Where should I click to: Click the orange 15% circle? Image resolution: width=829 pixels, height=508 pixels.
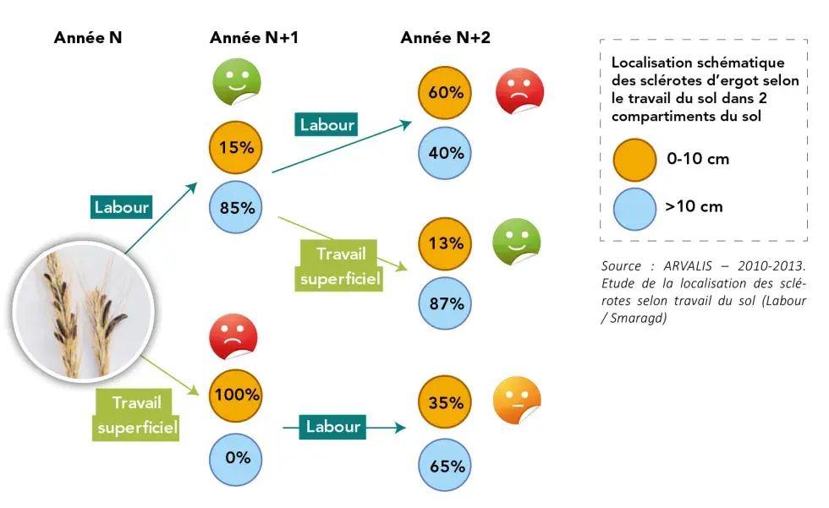pyautogui.click(x=236, y=147)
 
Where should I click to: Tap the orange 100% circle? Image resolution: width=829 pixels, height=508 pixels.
pyautogui.click(x=236, y=394)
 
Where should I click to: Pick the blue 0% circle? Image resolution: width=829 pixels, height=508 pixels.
pyautogui.click(x=236, y=457)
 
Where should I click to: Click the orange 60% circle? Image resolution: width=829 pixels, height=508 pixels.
pyautogui.click(x=446, y=92)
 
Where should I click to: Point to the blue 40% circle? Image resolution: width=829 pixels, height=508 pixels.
pyautogui.click(x=446, y=153)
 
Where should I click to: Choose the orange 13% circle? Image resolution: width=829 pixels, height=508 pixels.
pyautogui.click(x=446, y=243)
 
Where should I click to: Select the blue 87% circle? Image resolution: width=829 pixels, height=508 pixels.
pyautogui.click(x=446, y=303)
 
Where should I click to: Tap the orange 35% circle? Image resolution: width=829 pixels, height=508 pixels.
pyautogui.click(x=446, y=402)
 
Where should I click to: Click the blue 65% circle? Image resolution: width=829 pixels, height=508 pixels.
pyautogui.click(x=446, y=465)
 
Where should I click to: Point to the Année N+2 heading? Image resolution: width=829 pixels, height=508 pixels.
pyautogui.click(x=445, y=38)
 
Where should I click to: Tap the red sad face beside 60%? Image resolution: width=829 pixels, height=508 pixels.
pyautogui.click(x=519, y=91)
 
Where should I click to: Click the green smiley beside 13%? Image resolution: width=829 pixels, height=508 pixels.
pyautogui.click(x=516, y=243)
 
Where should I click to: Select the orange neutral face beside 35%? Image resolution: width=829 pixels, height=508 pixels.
pyautogui.click(x=516, y=401)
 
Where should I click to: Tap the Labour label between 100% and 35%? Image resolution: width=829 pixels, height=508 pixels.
pyautogui.click(x=332, y=427)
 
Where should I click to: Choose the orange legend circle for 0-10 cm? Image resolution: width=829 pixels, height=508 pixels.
pyautogui.click(x=634, y=159)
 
